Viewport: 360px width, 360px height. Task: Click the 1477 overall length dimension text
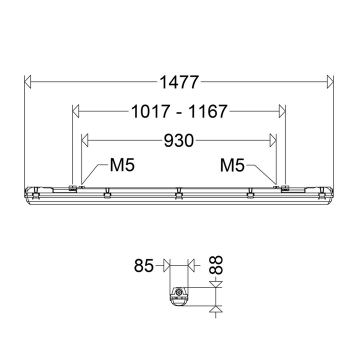pyautogui.click(x=179, y=82)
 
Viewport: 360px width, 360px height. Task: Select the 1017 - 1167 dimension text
pyautogui.click(x=179, y=111)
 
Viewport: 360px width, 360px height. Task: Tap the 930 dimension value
pyautogui.click(x=179, y=141)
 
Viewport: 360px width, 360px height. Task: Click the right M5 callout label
pyautogui.click(x=232, y=165)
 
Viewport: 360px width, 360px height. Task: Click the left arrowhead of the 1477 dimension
pyautogui.click(x=28, y=82)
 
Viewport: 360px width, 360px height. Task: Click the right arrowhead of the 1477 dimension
pyautogui.click(x=329, y=82)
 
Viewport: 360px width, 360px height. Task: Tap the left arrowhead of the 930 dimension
pyautogui.click(x=85, y=141)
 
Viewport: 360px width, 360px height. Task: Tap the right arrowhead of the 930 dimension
pyautogui.click(x=273, y=141)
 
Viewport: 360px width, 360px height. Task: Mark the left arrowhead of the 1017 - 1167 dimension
pyautogui.click(x=76, y=111)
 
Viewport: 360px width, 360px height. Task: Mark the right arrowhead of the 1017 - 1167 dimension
pyautogui.click(x=282, y=111)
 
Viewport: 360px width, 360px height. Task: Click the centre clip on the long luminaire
pyautogui.click(x=178, y=193)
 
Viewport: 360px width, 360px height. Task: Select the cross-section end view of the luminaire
pyautogui.click(x=179, y=296)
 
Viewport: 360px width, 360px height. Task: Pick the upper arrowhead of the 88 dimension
pyautogui.click(x=216, y=284)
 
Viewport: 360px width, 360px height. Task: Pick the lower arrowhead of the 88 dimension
pyautogui.click(x=216, y=309)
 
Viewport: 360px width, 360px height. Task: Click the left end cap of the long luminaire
pyautogui.click(x=32, y=193)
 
